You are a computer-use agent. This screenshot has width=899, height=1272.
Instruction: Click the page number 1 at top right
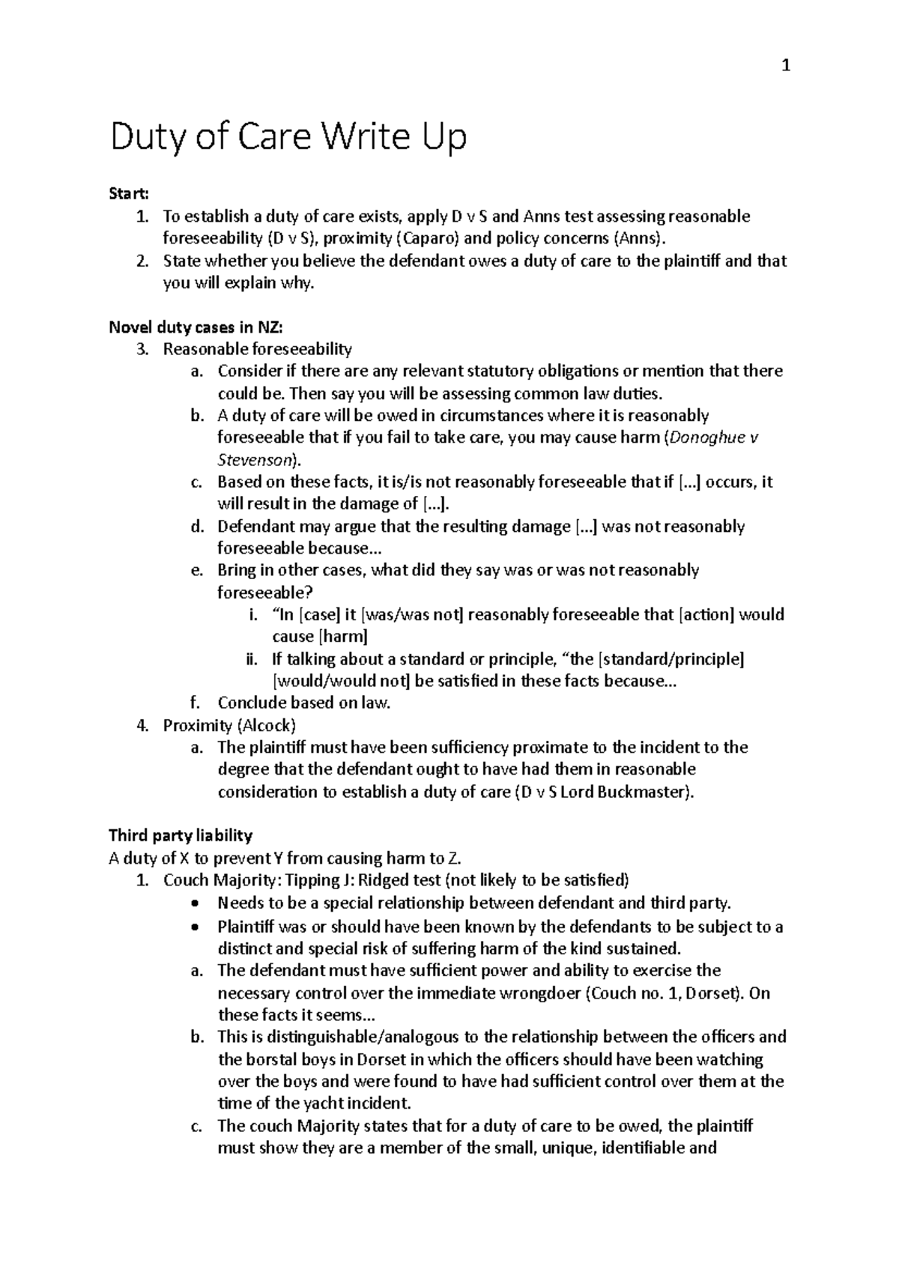click(x=785, y=67)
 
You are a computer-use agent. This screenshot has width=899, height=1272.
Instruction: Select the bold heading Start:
click(x=129, y=194)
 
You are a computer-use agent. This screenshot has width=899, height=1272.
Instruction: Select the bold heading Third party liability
click(x=181, y=835)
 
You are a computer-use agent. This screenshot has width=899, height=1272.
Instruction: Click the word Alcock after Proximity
click(x=267, y=725)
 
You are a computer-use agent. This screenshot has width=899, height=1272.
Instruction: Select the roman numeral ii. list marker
click(x=252, y=659)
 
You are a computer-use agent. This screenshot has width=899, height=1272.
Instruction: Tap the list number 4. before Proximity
click(x=142, y=725)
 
